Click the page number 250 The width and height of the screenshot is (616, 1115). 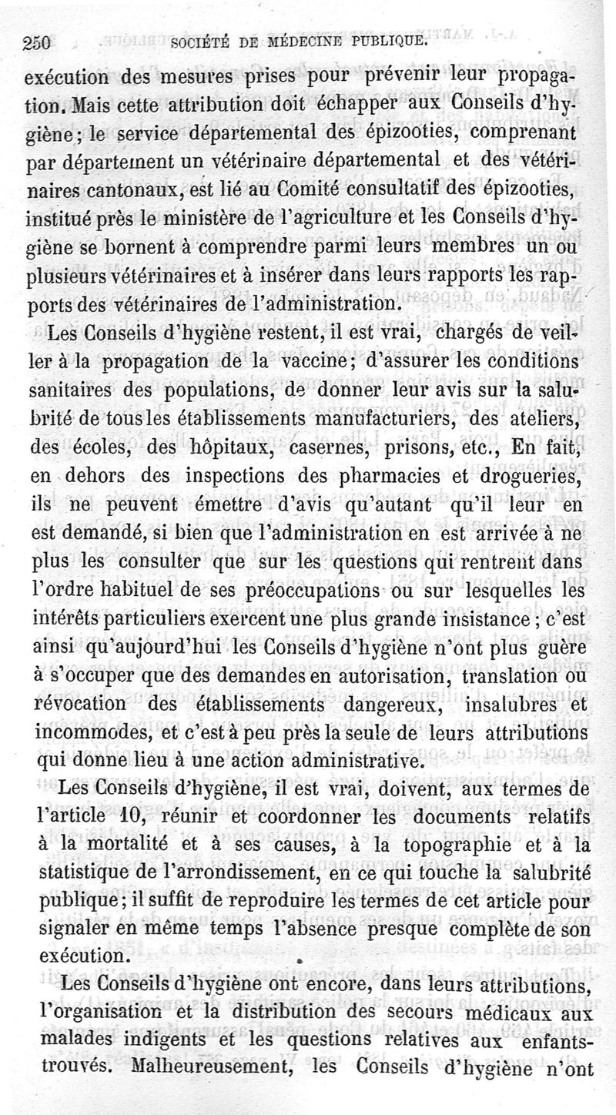click(36, 43)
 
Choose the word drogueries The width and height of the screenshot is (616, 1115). click(538, 476)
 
